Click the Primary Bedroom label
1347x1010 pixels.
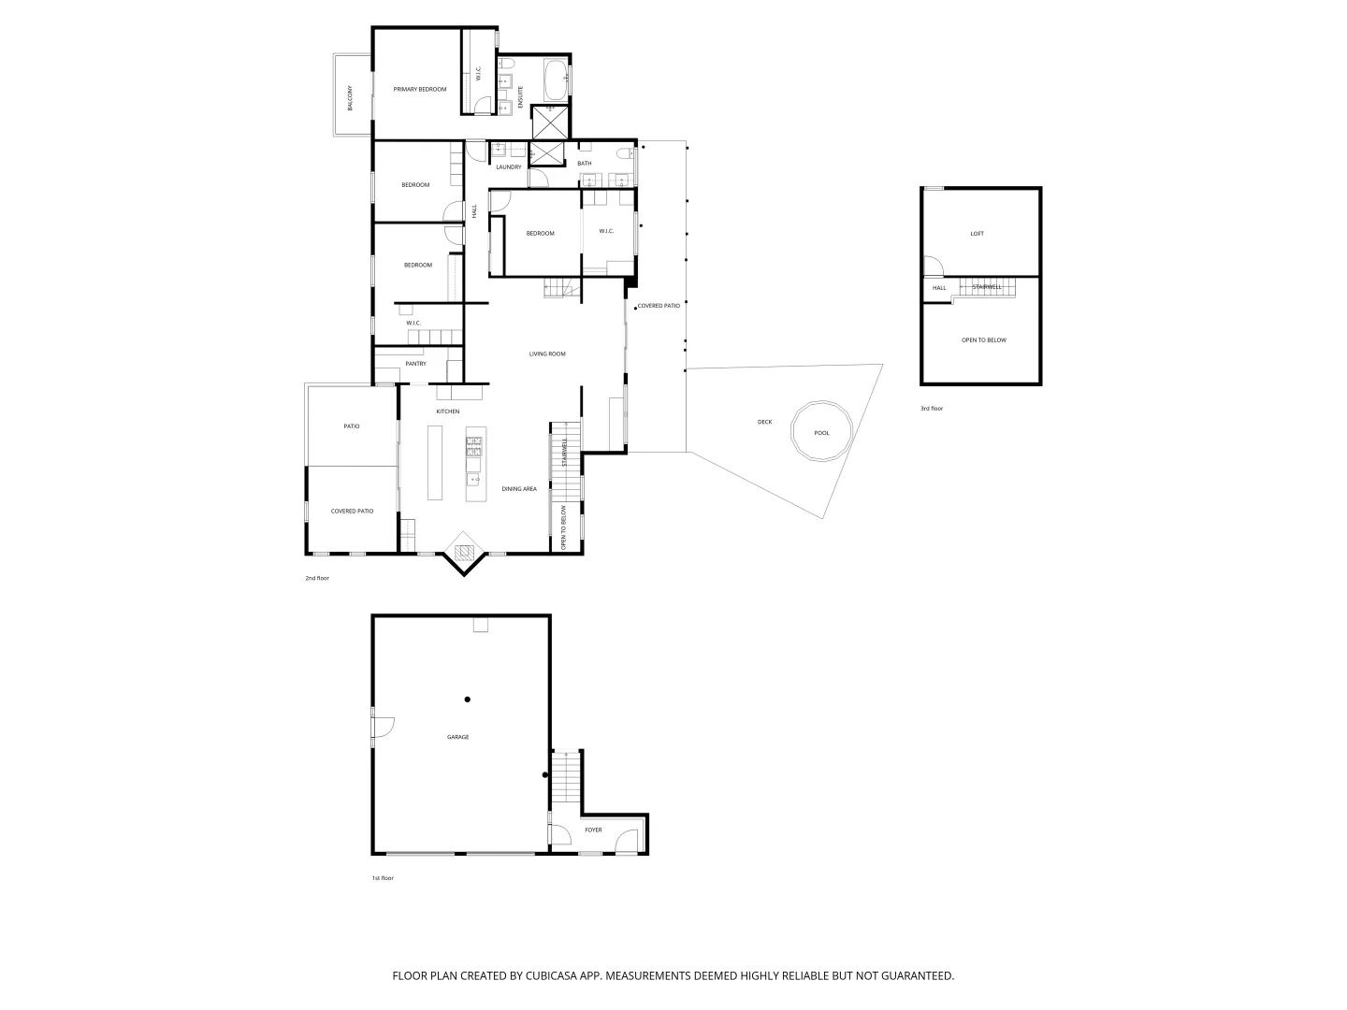tap(420, 89)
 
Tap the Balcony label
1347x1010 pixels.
tap(351, 98)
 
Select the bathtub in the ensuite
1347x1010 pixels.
tap(555, 80)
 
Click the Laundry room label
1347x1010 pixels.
tap(509, 167)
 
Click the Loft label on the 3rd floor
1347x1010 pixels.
tap(977, 234)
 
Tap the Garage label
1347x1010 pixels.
tap(457, 737)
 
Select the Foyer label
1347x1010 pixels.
tap(593, 830)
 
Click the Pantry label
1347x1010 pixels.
tap(415, 364)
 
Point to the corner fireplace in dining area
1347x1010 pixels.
tap(465, 551)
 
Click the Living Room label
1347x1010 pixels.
tap(547, 353)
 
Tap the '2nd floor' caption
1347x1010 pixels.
tap(317, 578)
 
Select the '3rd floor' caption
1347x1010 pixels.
tap(932, 409)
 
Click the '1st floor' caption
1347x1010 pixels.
tap(383, 878)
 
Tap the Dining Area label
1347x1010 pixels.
tap(519, 489)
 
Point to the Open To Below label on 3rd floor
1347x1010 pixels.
tap(984, 340)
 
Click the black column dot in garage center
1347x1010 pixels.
tap(467, 700)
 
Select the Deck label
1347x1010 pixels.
tap(765, 422)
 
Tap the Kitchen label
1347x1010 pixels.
tap(448, 411)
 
